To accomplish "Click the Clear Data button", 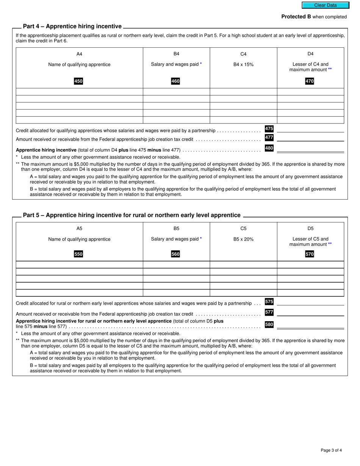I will coord(325,5).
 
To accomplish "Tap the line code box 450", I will coord(78,81).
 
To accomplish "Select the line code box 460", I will coord(175,81).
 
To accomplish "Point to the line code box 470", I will coord(310,81).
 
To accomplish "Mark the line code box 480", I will coord(269,148).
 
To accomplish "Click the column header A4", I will coord(79,54).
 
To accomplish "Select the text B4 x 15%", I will coord(243,64).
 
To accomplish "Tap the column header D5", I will coord(310,228).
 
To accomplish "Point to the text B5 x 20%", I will coord(243,239).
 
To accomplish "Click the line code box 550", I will coord(78,254).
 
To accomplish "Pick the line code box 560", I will coord(175,254).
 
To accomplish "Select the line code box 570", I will coord(310,254).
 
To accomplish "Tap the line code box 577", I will coord(269,312).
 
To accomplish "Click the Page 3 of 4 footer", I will coord(331,450).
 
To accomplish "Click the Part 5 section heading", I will coord(131,215).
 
